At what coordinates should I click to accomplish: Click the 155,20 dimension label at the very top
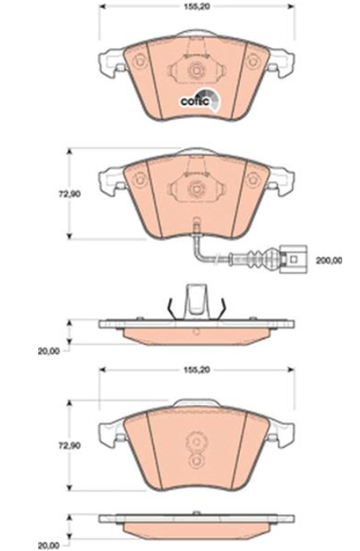[197, 6]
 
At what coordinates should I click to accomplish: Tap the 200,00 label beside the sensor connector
[328, 260]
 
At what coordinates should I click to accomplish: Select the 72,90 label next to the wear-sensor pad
[69, 194]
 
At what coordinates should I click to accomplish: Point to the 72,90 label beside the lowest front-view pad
[69, 446]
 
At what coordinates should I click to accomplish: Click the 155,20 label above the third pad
[197, 370]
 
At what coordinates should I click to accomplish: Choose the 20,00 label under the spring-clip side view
[49, 351]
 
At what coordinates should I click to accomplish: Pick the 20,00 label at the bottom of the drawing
[49, 546]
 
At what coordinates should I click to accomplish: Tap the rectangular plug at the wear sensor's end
[294, 260]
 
